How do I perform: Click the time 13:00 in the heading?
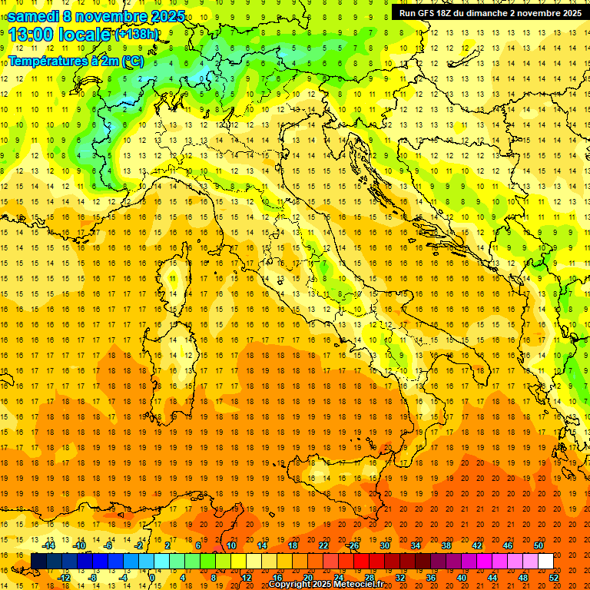(35, 35)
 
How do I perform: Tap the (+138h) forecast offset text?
(137, 35)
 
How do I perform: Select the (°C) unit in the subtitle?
(133, 61)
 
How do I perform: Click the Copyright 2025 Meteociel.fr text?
(326, 585)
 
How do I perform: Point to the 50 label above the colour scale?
(539, 545)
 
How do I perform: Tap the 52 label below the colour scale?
(554, 578)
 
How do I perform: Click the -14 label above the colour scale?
(50, 545)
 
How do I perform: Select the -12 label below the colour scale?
(65, 578)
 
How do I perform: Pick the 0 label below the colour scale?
(151, 578)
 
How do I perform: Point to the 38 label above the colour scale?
(446, 545)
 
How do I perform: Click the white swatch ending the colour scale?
(545, 562)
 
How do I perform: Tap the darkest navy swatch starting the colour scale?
(38, 562)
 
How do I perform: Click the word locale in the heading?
(85, 35)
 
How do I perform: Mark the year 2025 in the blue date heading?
(167, 16)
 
